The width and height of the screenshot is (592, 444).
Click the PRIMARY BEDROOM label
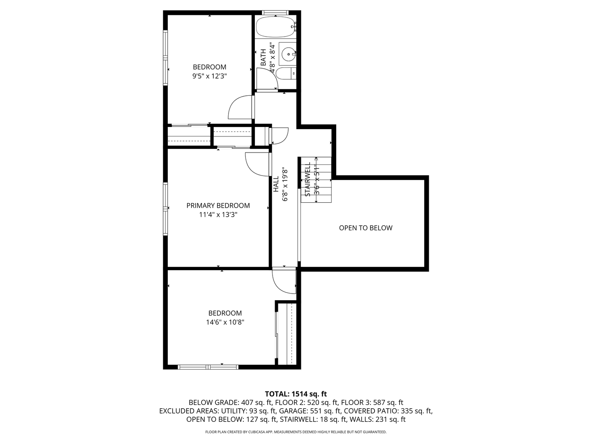pos(218,206)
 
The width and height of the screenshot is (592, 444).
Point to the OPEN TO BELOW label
pos(365,228)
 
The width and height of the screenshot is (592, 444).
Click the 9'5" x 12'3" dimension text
pos(210,76)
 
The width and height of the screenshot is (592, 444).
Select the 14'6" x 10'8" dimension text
pos(225,322)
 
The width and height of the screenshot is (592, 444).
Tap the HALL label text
pos(276,184)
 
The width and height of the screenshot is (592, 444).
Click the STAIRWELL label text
pos(308,179)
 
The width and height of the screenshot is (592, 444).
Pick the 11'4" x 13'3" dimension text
pos(218,215)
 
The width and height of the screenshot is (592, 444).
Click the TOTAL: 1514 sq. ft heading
pos(296,394)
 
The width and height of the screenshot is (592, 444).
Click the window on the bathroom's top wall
pos(275,13)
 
